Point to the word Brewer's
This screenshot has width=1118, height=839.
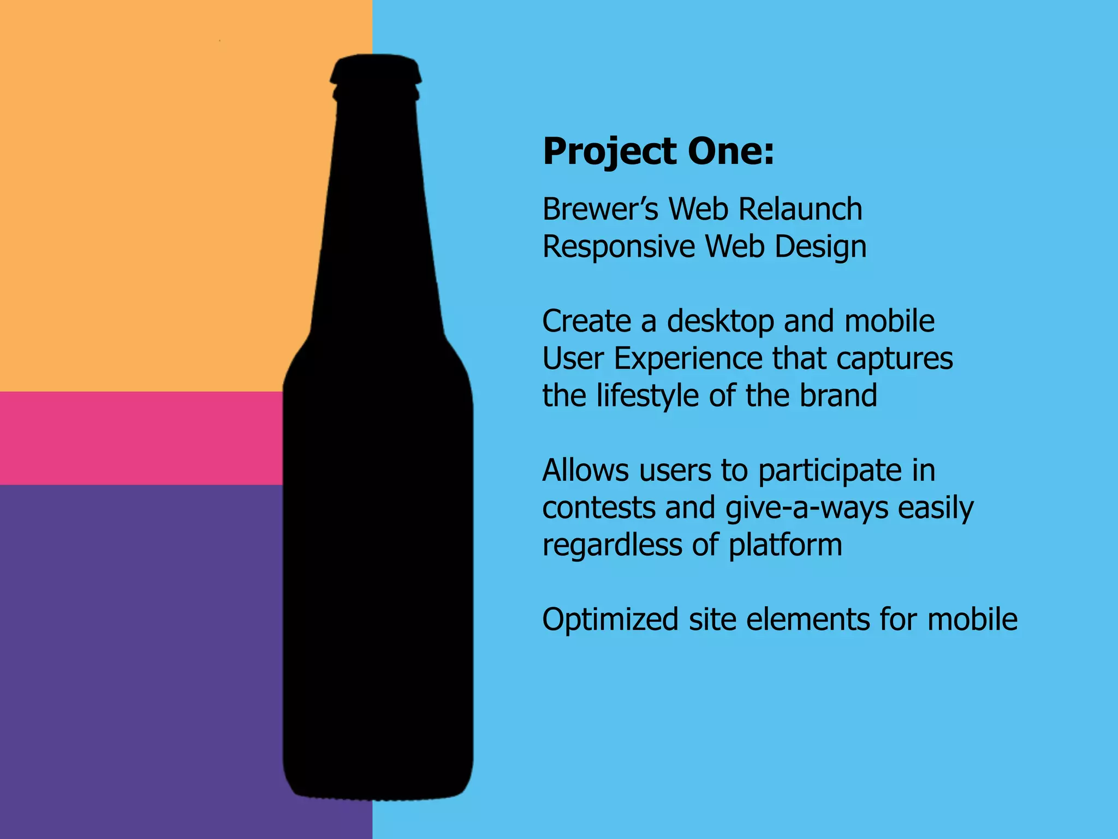(600, 209)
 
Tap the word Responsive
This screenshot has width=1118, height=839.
(619, 247)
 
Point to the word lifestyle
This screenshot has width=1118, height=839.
(647, 396)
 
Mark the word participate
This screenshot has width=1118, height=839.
(830, 471)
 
